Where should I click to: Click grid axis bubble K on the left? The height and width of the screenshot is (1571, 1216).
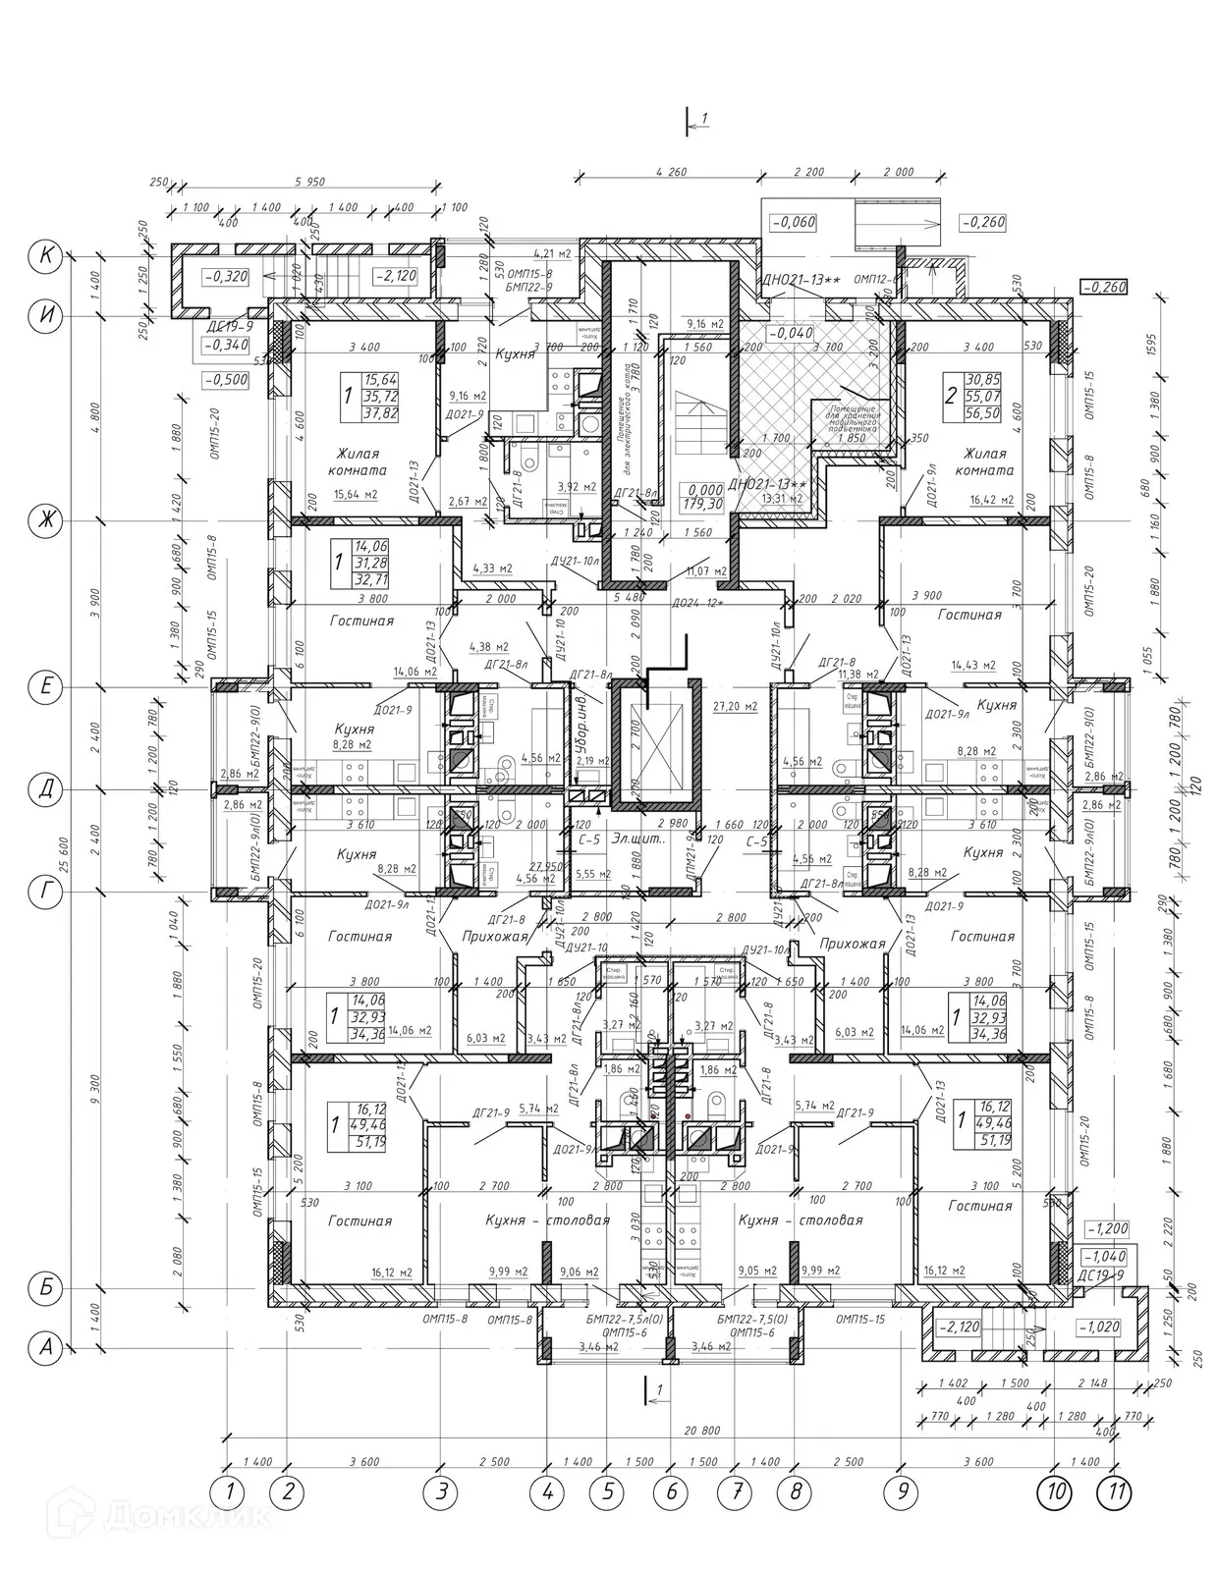pyautogui.click(x=45, y=256)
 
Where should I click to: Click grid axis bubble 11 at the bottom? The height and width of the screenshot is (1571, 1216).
pyautogui.click(x=1114, y=1493)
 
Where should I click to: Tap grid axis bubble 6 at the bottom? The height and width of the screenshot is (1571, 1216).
pyautogui.click(x=671, y=1493)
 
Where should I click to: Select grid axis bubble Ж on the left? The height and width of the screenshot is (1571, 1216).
pyautogui.click(x=45, y=519)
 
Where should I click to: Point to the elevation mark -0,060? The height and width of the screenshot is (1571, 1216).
pyautogui.click(x=794, y=223)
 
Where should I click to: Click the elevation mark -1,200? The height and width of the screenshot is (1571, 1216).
pyautogui.click(x=1106, y=1228)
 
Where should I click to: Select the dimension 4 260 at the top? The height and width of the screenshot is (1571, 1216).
pyautogui.click(x=669, y=172)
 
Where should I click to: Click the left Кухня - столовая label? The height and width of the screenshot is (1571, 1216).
pyautogui.click(x=547, y=1219)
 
